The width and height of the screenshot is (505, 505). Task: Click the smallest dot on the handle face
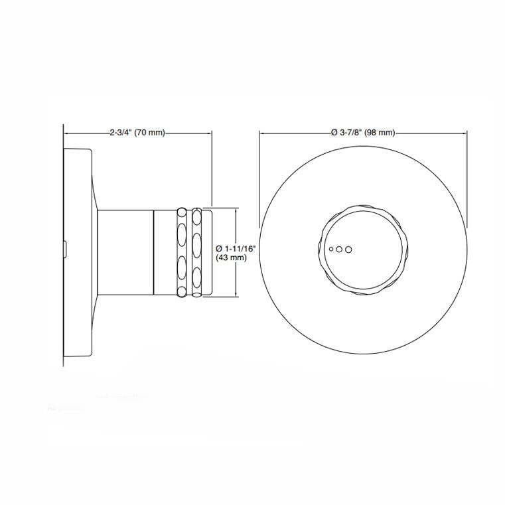pos(331,249)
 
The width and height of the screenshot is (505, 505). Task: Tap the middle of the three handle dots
pos(339,250)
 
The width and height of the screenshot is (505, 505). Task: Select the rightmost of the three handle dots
pos(348,250)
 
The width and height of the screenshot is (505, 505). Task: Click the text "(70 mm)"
pos(149,133)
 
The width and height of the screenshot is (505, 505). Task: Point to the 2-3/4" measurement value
pos(121,133)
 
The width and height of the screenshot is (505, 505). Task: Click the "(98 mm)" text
pos(380,133)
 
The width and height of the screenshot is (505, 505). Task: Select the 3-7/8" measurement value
pos(350,133)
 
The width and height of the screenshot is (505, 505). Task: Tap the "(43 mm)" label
pos(232,257)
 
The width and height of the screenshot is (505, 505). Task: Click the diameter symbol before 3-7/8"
pos(334,133)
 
